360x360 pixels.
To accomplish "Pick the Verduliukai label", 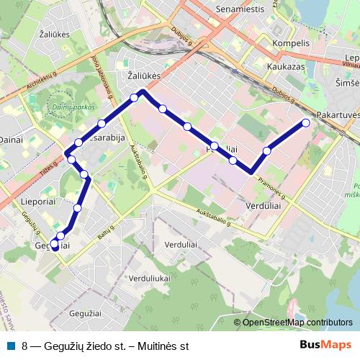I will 150,277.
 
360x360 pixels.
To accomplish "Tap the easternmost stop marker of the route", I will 305,122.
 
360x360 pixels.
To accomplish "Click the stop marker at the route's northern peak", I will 135,97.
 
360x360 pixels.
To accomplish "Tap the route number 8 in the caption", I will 25,346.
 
